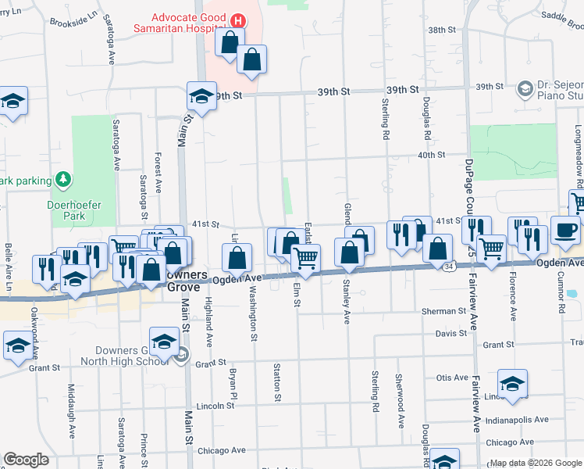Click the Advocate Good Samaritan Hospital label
click(x=188, y=23)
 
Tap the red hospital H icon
click(x=239, y=20)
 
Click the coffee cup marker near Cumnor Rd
click(x=565, y=230)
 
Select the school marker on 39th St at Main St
click(x=201, y=96)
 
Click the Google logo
click(x=26, y=460)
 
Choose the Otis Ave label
click(x=451, y=378)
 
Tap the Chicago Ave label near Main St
click(x=222, y=450)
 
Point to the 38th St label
click(x=441, y=30)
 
